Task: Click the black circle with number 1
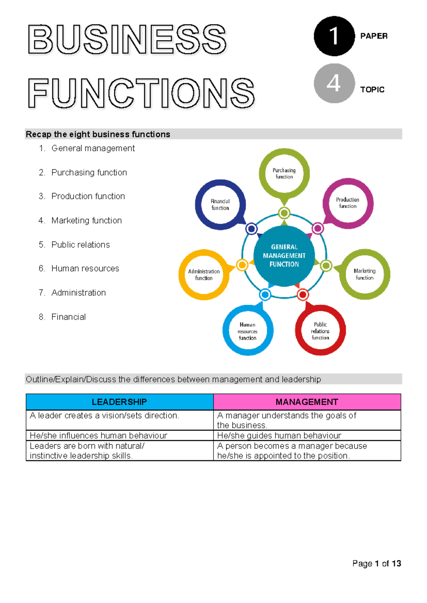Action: tap(334, 36)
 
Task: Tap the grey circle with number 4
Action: tap(334, 84)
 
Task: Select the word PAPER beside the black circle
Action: tap(374, 36)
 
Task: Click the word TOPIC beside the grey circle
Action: tap(372, 90)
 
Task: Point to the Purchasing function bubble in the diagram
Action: tap(284, 174)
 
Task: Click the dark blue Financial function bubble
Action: tap(220, 205)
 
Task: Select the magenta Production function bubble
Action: tap(348, 203)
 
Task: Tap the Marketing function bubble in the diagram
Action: tap(364, 274)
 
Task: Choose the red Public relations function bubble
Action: tap(320, 331)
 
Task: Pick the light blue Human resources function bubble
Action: tap(248, 331)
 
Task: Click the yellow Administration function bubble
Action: tap(204, 274)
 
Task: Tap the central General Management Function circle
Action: tap(284, 256)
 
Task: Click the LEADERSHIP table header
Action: tap(120, 402)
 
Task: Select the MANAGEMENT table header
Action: tap(307, 402)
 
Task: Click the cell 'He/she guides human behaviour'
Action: tap(279, 436)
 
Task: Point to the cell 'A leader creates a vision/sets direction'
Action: tap(105, 416)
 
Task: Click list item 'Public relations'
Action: tap(80, 245)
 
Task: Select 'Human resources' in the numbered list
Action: tap(85, 268)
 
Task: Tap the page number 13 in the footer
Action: tap(396, 564)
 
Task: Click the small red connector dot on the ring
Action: tap(303, 295)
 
